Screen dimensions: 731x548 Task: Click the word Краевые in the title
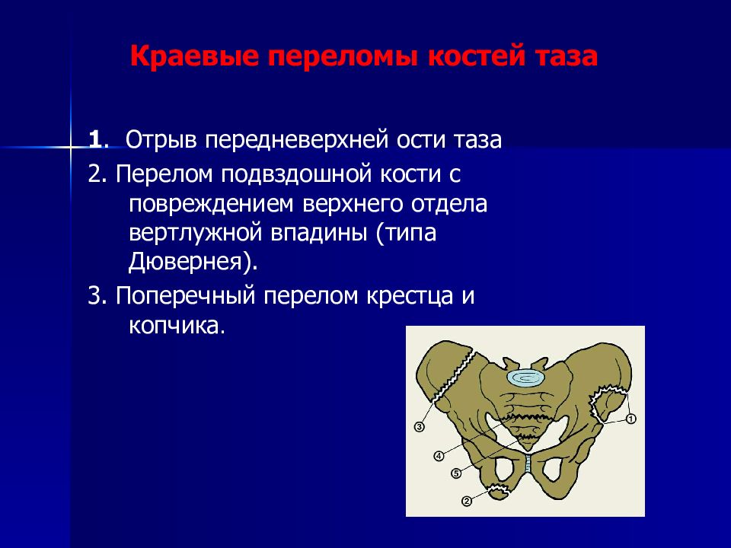click(195, 57)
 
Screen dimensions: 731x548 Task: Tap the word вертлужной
click(196, 233)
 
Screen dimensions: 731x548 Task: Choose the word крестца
click(410, 296)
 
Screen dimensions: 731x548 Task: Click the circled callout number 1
click(630, 419)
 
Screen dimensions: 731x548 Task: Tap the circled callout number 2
click(467, 502)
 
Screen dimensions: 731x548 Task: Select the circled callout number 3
click(419, 426)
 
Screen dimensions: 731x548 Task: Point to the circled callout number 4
click(439, 456)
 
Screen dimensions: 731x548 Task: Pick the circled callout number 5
click(456, 473)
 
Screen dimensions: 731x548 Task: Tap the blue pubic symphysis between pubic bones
click(528, 464)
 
